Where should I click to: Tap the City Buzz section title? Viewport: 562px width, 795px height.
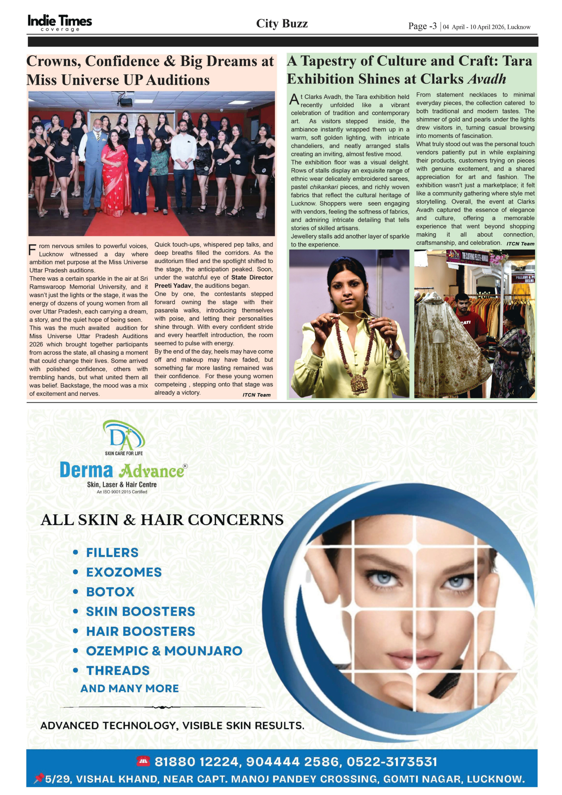click(x=282, y=24)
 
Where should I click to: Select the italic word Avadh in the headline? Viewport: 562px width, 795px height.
click(x=487, y=79)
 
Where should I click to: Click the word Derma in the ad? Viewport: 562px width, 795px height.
click(x=86, y=470)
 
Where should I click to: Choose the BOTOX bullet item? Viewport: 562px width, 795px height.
click(x=110, y=592)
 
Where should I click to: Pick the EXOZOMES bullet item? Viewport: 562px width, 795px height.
click(x=124, y=572)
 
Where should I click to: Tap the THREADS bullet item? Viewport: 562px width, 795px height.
click(x=118, y=670)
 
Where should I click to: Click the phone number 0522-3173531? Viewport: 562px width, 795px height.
click(x=392, y=761)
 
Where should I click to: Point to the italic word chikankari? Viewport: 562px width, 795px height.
click(x=324, y=187)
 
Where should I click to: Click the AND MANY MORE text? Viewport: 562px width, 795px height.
click(x=129, y=688)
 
